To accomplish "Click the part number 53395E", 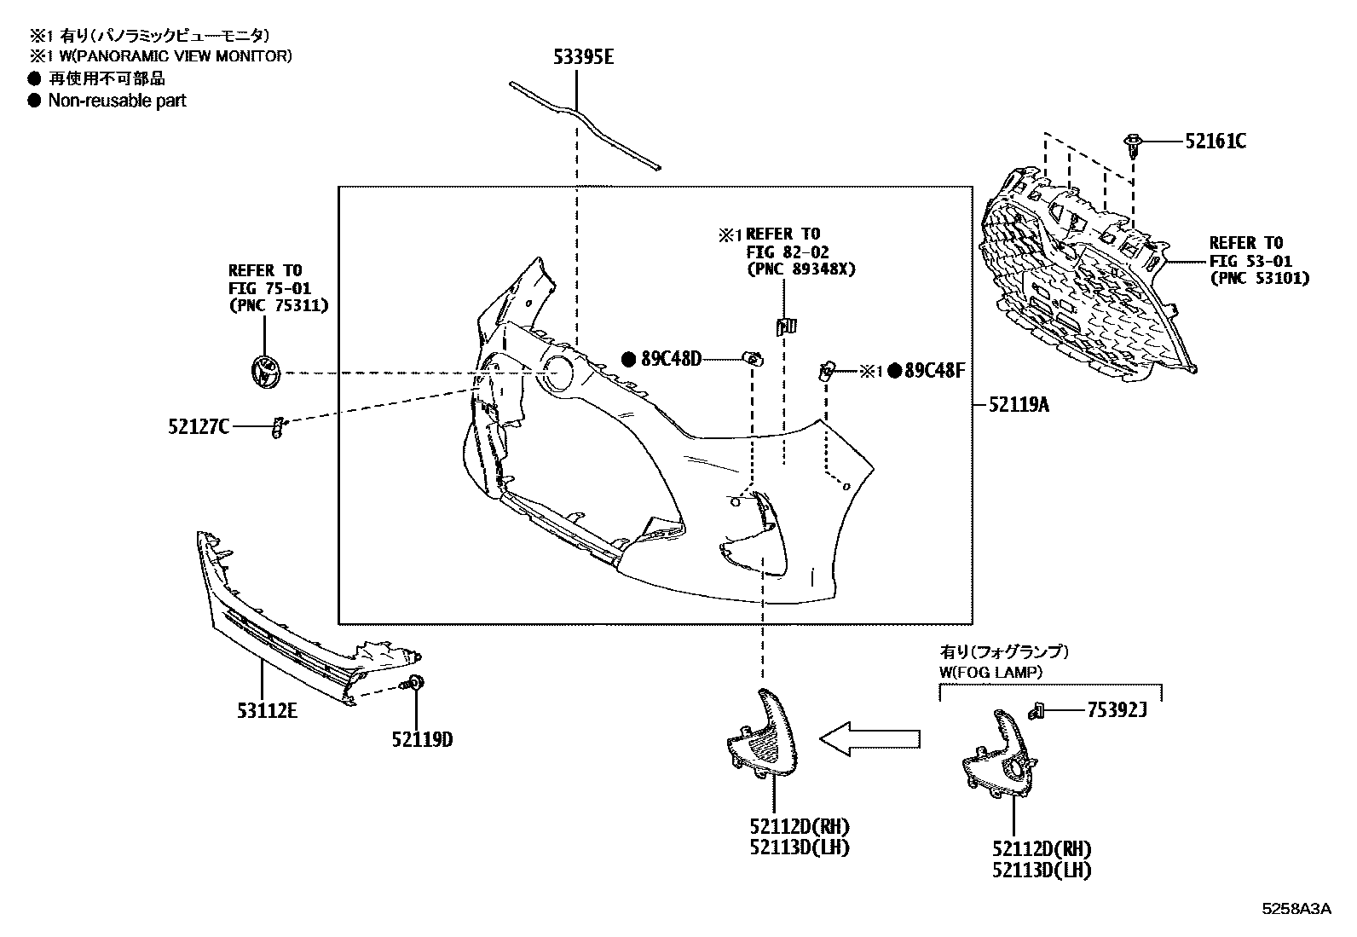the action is (583, 57).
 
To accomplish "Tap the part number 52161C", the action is (1216, 142).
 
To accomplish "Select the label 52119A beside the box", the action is (1019, 404).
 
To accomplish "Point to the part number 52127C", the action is (199, 426).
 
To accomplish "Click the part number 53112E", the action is (267, 710).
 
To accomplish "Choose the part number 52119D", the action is (422, 739).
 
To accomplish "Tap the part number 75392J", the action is (1117, 709).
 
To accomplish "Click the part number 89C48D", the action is (671, 360).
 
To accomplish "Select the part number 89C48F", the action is (934, 370).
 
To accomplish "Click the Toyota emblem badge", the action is (266, 372).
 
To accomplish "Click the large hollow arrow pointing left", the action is (870, 739).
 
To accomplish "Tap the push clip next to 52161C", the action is (1132, 146).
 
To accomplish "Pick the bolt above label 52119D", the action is (413, 683).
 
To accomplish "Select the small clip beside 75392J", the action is (1037, 710).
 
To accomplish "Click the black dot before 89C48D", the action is (629, 360).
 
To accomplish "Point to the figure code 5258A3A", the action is (1296, 909).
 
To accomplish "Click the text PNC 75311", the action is (279, 305).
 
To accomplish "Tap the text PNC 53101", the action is (1260, 278).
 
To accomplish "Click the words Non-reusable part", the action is (117, 101).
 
